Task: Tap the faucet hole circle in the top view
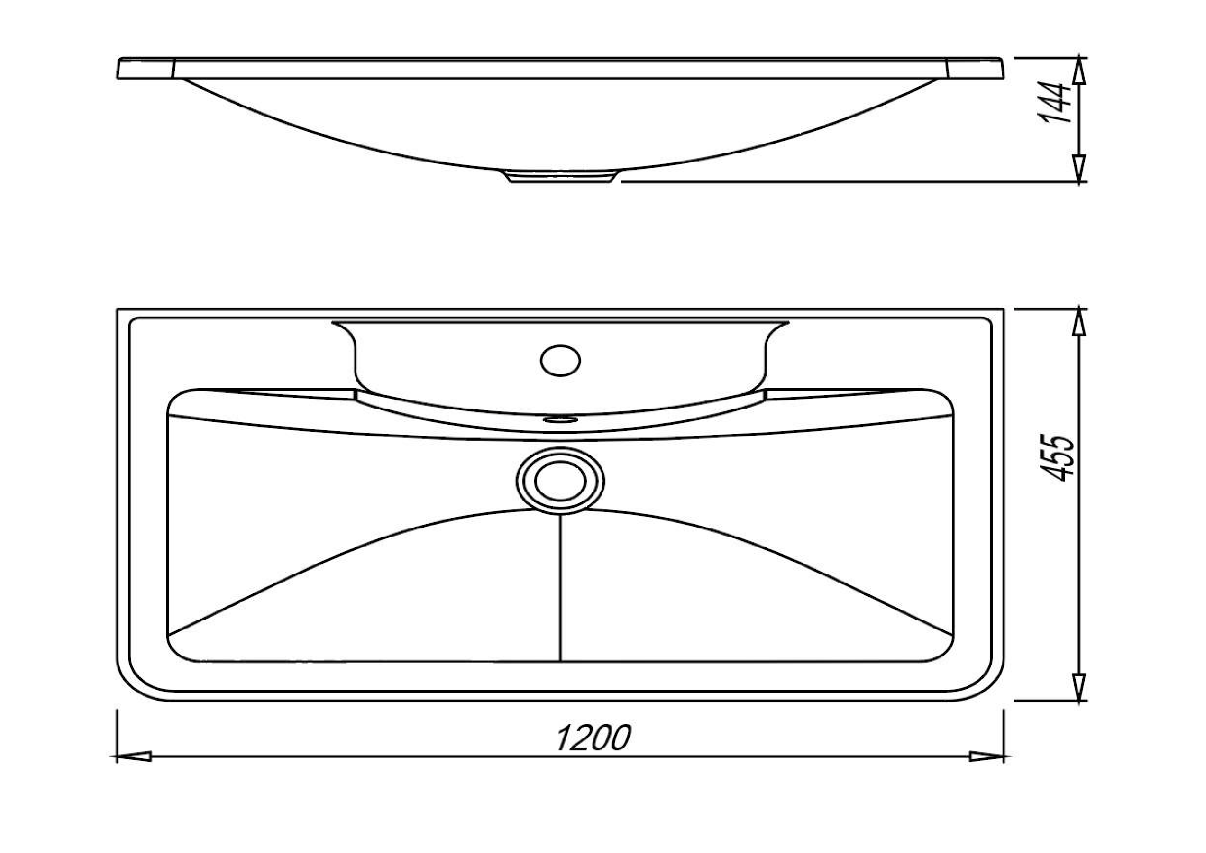(x=560, y=360)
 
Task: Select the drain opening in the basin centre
(x=560, y=481)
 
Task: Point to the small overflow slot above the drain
(x=559, y=419)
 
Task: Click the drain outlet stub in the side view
(x=560, y=176)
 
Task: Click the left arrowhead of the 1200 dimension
(x=134, y=758)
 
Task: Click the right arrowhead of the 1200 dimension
(x=986, y=758)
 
